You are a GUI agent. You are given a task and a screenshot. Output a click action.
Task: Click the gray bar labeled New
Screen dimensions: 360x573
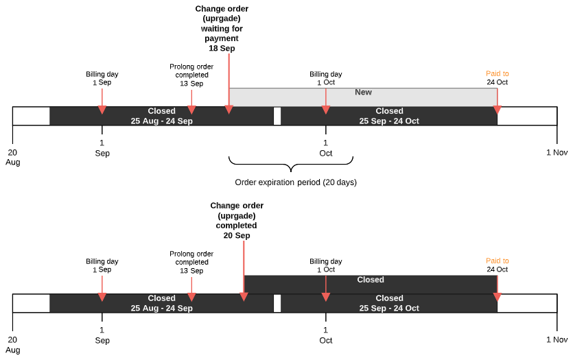pos(363,97)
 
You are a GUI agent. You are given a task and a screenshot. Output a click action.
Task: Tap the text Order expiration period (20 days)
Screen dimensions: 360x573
pos(296,182)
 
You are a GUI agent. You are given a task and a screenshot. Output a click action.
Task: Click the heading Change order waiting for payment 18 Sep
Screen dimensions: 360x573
pos(222,29)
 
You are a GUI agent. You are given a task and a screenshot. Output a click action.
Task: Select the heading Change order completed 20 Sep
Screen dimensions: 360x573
pos(237,220)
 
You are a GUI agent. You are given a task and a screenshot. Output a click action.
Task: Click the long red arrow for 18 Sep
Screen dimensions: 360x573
pos(229,82)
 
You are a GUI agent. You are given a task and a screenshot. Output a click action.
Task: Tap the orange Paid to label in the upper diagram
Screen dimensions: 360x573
pos(498,73)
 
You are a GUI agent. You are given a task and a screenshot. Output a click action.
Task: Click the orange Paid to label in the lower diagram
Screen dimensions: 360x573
pos(498,261)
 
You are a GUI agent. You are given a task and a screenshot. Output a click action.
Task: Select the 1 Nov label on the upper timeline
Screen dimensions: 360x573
pos(557,153)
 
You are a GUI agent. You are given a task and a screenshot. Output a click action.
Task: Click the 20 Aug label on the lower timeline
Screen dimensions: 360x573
pos(12,345)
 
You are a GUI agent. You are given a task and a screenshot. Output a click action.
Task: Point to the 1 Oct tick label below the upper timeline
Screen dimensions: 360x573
pos(326,149)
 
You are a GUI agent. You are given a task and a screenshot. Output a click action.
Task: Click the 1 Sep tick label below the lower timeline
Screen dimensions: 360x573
pos(102,336)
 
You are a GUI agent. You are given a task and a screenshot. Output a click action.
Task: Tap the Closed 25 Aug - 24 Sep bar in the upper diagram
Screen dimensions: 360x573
pos(162,116)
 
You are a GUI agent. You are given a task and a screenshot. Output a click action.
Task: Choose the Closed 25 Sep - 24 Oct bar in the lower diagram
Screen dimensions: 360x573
pos(389,303)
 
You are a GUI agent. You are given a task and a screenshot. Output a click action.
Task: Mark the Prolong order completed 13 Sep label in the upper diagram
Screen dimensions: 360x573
pos(191,75)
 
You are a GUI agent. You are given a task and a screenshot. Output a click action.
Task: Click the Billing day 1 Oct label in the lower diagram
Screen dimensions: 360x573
pos(326,265)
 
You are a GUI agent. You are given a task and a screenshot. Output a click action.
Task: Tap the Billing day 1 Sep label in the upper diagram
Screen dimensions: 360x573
pos(102,78)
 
